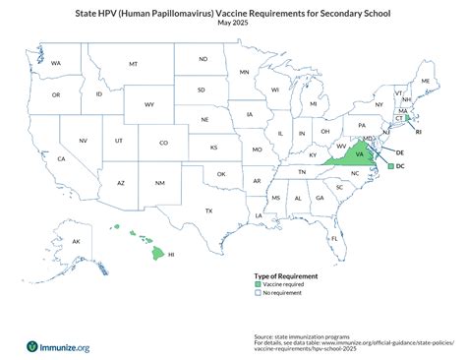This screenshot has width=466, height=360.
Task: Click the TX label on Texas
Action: pyautogui.click(x=208, y=210)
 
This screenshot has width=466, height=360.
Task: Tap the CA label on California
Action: pyautogui.click(x=61, y=158)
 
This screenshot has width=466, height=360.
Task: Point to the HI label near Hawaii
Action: pyautogui.click(x=171, y=254)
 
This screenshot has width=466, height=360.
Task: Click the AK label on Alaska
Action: pyautogui.click(x=75, y=240)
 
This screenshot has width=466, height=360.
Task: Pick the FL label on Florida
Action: pyautogui.click(x=335, y=238)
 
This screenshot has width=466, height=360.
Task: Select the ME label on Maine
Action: pyautogui.click(x=425, y=80)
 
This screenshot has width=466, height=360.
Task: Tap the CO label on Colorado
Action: pyautogui.click(x=163, y=143)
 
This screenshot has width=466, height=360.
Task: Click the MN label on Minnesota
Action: pyautogui.click(x=244, y=72)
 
